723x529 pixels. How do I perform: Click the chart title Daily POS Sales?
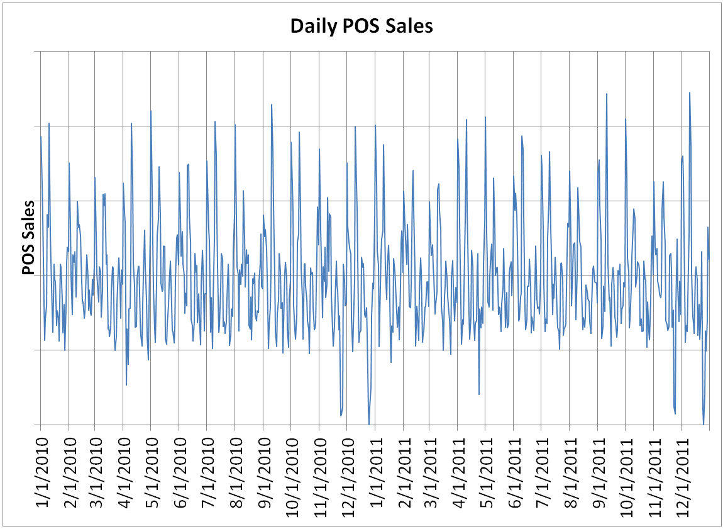[361, 26]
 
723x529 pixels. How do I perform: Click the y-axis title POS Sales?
[28, 238]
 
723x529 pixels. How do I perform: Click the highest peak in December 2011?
[690, 92]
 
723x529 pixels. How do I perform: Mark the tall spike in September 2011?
[607, 94]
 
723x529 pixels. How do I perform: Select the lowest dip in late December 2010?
[369, 424]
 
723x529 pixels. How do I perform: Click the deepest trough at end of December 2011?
[704, 424]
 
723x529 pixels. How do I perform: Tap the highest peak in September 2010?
[272, 104]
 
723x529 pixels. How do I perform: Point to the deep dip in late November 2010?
[341, 415]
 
